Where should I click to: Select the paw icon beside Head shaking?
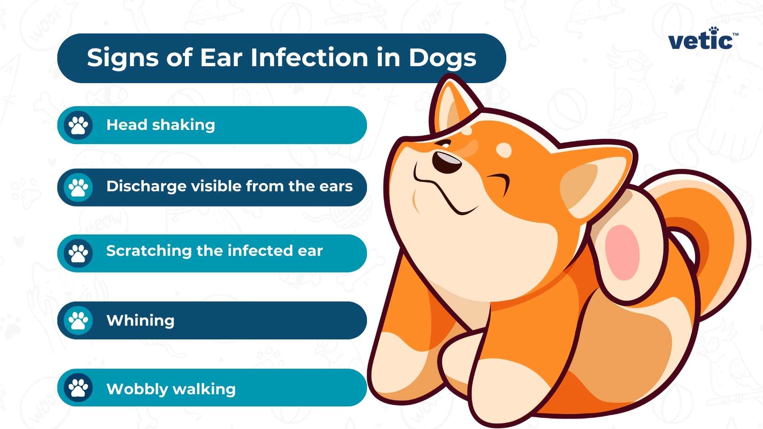78,125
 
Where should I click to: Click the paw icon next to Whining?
78,320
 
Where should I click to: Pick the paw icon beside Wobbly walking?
78,388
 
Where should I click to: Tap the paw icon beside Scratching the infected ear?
78,253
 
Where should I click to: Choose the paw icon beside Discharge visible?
78,187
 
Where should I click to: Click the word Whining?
140,320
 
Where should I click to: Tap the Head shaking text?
161,125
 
